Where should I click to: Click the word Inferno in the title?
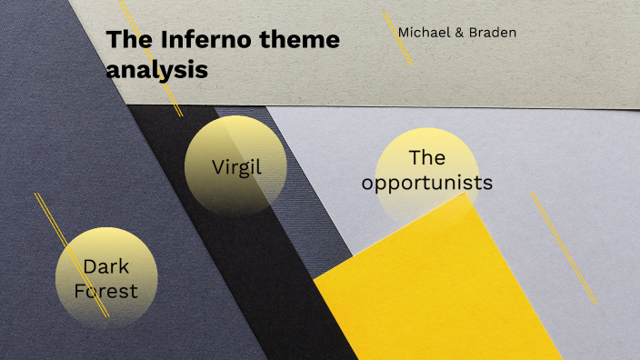coord(192,40)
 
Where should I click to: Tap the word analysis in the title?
coord(156,68)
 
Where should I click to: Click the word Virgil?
coord(235,167)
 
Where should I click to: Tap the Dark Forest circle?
coord(105,277)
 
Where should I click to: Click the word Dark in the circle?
coord(106,266)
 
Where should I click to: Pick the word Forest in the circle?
coord(106,291)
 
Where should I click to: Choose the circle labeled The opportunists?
coord(426,173)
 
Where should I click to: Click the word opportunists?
coord(426,183)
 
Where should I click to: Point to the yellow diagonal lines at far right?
coord(564,235)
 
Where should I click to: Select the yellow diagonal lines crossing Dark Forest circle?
coord(73,255)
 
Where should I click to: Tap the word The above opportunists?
coord(426,157)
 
